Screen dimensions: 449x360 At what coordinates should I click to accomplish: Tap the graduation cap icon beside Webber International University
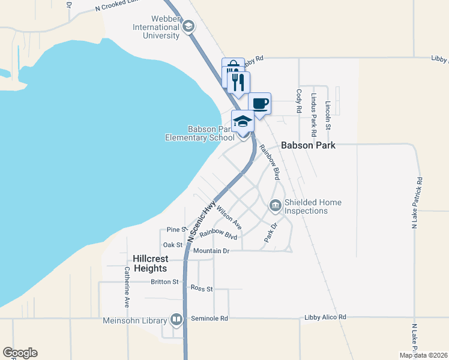pos(188,26)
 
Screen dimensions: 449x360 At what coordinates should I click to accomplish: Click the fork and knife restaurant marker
pos(238,82)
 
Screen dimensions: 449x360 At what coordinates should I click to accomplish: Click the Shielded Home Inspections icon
pos(276,206)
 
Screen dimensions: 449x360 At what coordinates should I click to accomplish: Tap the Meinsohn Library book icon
pos(176,319)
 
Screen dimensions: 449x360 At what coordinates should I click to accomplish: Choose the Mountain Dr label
pos(211,251)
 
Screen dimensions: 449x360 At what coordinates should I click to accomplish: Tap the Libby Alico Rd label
pos(325,317)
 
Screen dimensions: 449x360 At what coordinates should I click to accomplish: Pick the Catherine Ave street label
pos(127,287)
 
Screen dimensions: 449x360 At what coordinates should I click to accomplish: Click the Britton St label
pos(164,281)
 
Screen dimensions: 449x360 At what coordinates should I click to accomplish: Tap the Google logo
pos(20,353)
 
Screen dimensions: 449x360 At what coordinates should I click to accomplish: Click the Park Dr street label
pos(271,233)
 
